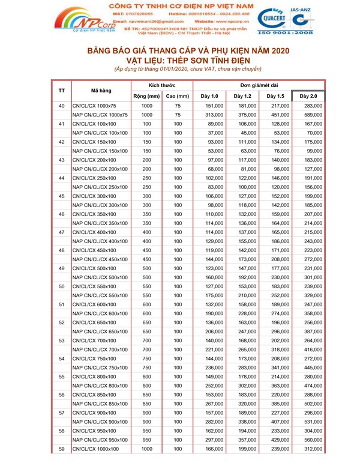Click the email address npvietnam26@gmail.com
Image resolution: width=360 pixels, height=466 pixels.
tap(151, 22)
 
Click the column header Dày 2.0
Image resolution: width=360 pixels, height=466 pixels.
tap(308, 96)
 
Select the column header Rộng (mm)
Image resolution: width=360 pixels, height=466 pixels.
tap(146, 96)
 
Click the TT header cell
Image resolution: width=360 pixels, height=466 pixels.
tap(61, 91)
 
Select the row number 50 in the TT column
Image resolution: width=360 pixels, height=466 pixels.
tap(61, 287)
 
